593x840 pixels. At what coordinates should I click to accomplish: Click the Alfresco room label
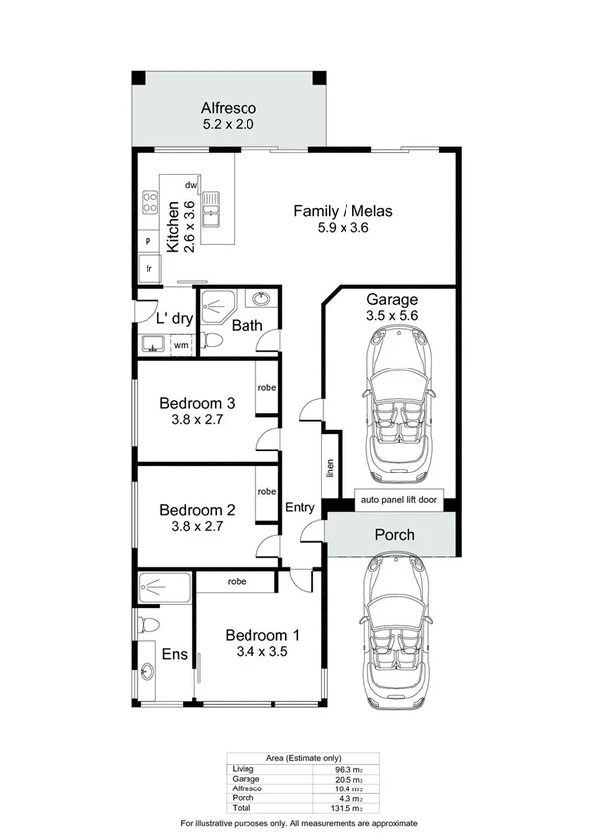click(x=229, y=108)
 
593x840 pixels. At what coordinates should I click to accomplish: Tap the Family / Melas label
click(x=345, y=211)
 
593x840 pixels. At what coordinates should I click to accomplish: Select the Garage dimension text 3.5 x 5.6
click(x=392, y=317)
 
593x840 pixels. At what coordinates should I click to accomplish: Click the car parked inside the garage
click(x=393, y=400)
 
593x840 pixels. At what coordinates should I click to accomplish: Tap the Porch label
click(x=393, y=535)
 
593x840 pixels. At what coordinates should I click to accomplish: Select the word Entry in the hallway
click(x=299, y=508)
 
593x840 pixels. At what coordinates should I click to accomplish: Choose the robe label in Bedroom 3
click(x=266, y=388)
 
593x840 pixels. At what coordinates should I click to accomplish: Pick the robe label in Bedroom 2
click(x=266, y=491)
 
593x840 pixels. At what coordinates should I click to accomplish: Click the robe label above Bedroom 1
click(x=236, y=582)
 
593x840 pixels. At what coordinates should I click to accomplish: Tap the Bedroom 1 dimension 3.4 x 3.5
click(x=261, y=652)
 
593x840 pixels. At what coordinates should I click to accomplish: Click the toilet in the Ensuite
click(x=148, y=624)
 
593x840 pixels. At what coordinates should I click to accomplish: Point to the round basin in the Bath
click(x=261, y=299)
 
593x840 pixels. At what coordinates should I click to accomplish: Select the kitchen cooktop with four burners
click(x=151, y=203)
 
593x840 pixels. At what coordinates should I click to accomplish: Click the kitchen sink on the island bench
click(x=212, y=210)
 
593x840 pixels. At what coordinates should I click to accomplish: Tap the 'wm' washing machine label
click(x=181, y=345)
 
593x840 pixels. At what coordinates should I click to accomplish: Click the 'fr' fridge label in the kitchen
click(x=148, y=268)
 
